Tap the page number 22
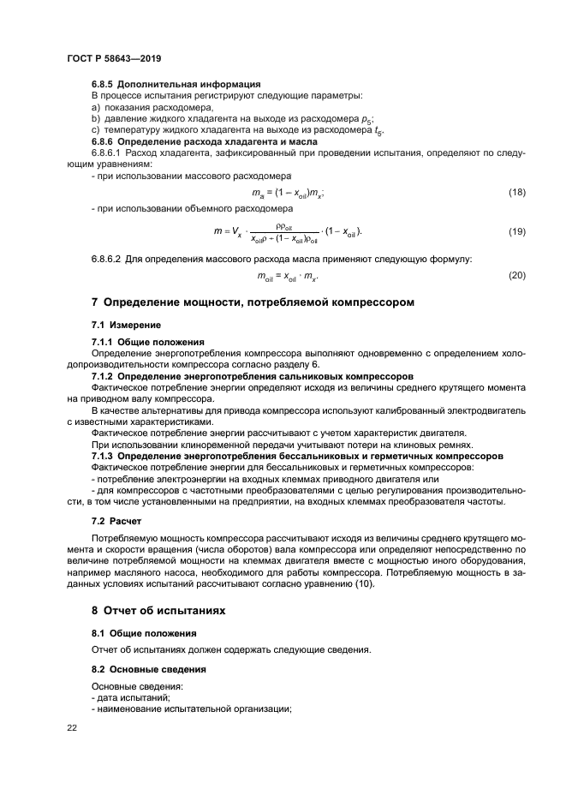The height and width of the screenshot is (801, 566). [x=71, y=728]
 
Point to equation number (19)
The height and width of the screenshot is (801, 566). [x=515, y=231]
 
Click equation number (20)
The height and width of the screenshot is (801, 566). [x=515, y=275]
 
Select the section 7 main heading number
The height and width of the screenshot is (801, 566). [x=95, y=302]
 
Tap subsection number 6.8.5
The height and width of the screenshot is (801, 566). [x=104, y=84]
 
